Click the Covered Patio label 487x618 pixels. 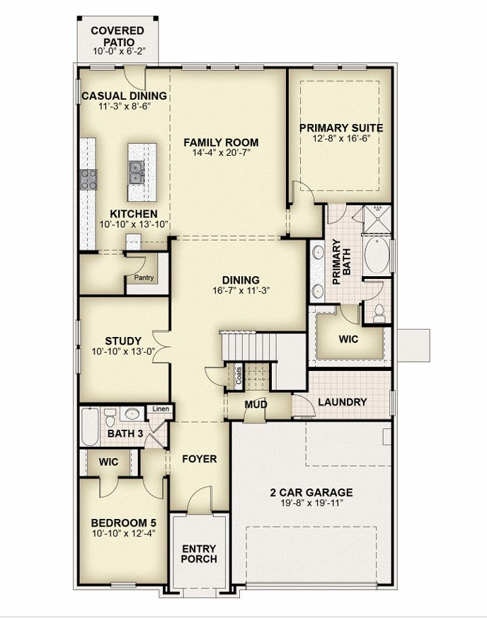(118, 36)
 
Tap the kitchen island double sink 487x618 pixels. (137, 173)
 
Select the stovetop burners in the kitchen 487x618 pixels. (88, 179)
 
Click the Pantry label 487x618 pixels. (144, 277)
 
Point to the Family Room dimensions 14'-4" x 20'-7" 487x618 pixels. (222, 152)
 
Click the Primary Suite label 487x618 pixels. (341, 128)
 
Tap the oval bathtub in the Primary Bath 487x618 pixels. (377, 255)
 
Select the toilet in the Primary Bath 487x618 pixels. (379, 314)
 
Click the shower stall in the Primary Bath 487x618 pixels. (377, 219)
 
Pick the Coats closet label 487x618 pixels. (239, 376)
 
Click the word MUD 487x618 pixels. (256, 404)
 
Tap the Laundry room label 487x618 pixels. (343, 402)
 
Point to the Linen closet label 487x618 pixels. (161, 408)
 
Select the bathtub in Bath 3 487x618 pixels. (89, 427)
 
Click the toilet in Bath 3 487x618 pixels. (110, 418)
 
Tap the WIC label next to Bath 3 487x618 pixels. (108, 462)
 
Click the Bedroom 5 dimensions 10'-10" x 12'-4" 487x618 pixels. (123, 533)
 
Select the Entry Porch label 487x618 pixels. (199, 554)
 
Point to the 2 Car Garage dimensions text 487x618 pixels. (311, 503)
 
